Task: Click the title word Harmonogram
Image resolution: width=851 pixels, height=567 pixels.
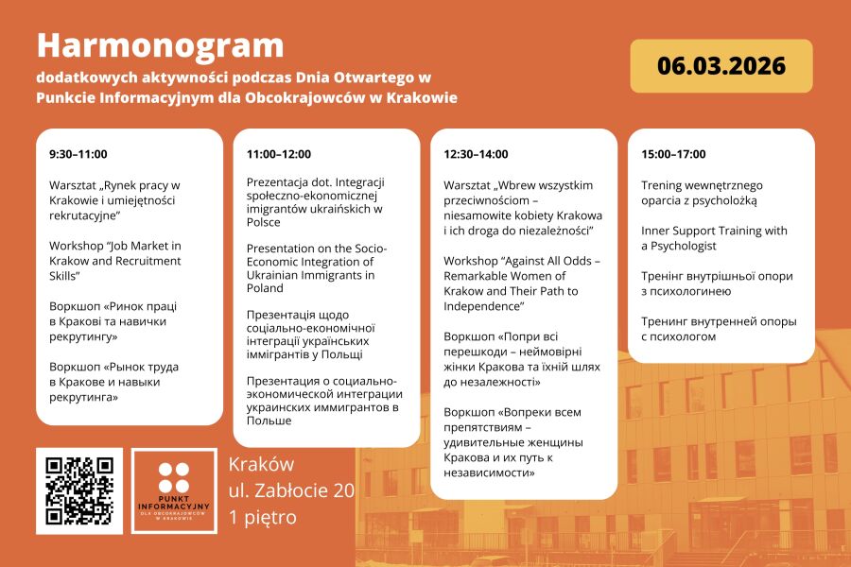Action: coord(161,44)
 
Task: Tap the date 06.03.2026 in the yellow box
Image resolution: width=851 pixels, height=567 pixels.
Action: coord(721,66)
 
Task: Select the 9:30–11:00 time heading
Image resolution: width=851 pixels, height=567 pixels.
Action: coord(78,154)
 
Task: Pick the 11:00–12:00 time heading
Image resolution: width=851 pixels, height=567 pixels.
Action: coord(279,154)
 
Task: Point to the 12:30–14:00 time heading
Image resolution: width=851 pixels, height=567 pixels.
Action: coord(476,154)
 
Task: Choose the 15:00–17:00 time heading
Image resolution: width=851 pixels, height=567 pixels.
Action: coord(673,154)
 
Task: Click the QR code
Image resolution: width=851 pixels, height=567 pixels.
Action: coord(79,490)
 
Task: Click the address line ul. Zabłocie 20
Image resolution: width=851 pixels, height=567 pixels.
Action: coord(291,490)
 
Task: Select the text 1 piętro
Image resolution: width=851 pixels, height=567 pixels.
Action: coord(263,517)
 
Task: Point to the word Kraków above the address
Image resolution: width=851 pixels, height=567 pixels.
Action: coord(262,464)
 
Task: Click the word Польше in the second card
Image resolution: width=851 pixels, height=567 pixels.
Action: coord(269,421)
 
